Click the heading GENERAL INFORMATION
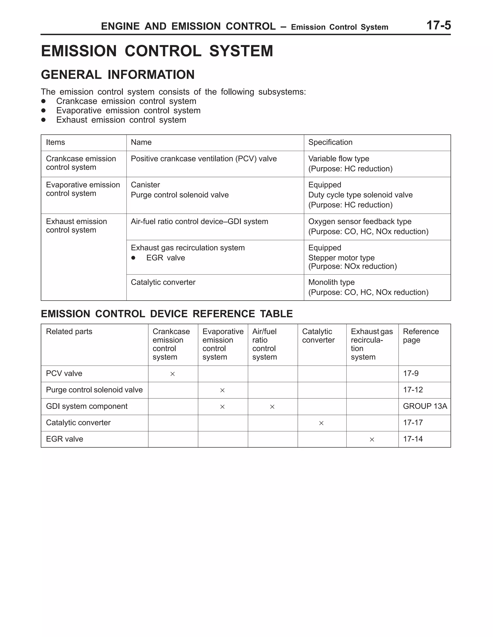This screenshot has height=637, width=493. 117,75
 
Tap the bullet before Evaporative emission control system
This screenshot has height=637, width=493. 43,111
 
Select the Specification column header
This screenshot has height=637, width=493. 330,142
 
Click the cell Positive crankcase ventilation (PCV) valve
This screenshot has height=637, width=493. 203,159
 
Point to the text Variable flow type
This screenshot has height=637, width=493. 338,159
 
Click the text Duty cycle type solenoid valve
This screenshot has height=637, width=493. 360,195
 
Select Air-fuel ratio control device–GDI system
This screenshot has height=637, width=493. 199,221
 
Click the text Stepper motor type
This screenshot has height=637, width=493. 341,258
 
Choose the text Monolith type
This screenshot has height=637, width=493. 331,282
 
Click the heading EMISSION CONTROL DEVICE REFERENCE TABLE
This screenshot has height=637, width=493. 167,314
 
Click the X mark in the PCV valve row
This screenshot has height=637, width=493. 172,374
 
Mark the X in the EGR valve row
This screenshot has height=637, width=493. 372,440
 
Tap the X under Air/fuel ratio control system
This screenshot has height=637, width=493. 272,407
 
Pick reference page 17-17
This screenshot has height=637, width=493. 413,423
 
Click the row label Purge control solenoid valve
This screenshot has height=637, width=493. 94,390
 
